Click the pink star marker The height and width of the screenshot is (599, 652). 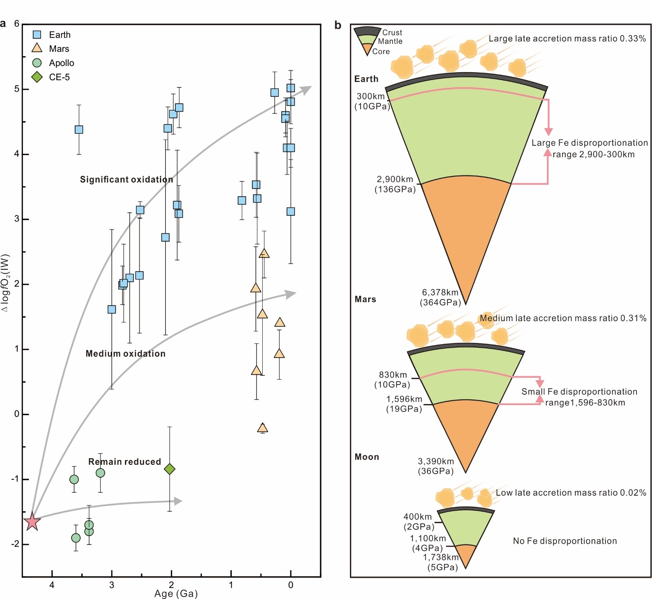[32, 521]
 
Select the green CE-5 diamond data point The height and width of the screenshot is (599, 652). [170, 469]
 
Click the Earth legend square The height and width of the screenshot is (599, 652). [37, 35]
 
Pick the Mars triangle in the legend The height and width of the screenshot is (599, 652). [37, 48]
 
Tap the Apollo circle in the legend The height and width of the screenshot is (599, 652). [37, 63]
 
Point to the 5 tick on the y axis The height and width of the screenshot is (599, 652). [17, 89]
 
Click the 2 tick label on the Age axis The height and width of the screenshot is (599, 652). [171, 585]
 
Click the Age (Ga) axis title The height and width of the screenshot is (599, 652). [176, 594]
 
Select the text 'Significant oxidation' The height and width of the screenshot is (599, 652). [126, 179]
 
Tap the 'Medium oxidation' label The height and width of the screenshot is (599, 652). [125, 354]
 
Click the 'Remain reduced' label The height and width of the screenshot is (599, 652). [124, 462]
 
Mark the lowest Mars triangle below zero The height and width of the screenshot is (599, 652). [263, 428]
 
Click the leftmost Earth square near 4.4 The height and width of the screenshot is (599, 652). [79, 129]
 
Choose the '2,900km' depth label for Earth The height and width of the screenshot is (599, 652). [395, 179]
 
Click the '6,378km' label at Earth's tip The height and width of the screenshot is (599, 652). [440, 292]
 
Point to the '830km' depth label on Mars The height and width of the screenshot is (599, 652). [392, 375]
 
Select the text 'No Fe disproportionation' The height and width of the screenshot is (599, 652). [565, 541]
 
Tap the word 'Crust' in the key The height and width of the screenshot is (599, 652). [392, 32]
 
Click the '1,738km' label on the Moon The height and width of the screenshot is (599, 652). [441, 557]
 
